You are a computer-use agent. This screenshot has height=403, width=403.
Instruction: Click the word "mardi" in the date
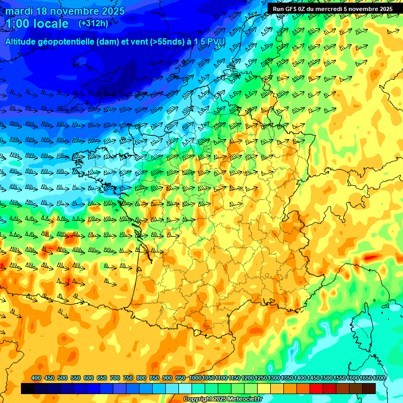pyautogui.click(x=18, y=10)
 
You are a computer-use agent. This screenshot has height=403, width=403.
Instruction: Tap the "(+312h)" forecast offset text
pyautogui.click(x=93, y=24)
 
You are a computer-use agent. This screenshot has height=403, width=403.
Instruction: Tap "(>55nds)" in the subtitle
pyautogui.click(x=158, y=41)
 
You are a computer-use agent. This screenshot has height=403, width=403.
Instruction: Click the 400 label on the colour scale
pyautogui.click(x=36, y=378)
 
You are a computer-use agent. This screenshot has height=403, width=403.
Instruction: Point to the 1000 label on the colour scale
pyautogui.click(x=195, y=378)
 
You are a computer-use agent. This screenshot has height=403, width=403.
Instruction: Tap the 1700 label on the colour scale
pyautogui.click(x=379, y=378)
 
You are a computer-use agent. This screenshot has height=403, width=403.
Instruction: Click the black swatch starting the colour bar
pyautogui.click(x=28, y=389)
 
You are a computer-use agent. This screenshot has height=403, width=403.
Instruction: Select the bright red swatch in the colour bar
pyautogui.click(x=316, y=389)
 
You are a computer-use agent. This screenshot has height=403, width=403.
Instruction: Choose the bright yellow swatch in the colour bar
pyautogui.click(x=264, y=389)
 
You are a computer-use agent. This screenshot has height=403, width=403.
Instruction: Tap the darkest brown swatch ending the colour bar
pyautogui.click(x=369, y=389)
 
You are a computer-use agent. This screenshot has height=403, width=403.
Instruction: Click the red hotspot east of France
pyautogui.click(x=372, y=258)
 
